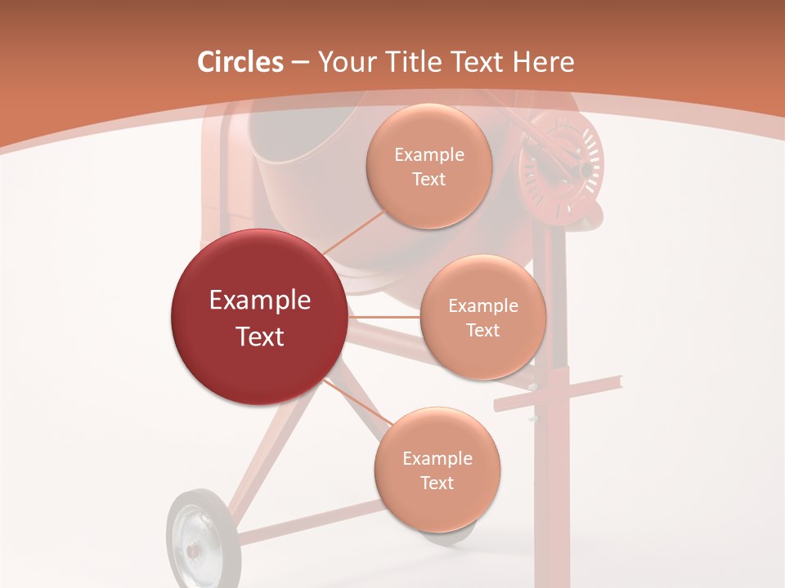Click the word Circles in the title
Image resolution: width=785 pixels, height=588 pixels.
click(x=240, y=62)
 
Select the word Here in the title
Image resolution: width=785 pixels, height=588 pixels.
click(x=544, y=62)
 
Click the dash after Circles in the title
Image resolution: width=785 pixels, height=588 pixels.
click(x=300, y=63)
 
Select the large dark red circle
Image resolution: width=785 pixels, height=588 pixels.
click(x=259, y=317)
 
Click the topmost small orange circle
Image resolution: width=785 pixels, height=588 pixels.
click(x=428, y=166)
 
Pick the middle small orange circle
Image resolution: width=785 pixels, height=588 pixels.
click(x=482, y=317)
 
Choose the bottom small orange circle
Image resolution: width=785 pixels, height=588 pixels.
click(x=437, y=470)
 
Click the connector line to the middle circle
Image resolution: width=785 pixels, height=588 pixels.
click(x=384, y=317)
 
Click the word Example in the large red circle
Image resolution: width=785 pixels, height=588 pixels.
click(x=260, y=301)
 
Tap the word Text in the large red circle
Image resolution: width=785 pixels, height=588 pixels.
click(x=260, y=336)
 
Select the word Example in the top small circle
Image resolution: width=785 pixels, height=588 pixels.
click(x=429, y=155)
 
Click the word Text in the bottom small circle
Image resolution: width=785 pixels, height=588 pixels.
click(x=437, y=483)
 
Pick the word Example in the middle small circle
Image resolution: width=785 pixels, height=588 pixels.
click(x=483, y=306)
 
